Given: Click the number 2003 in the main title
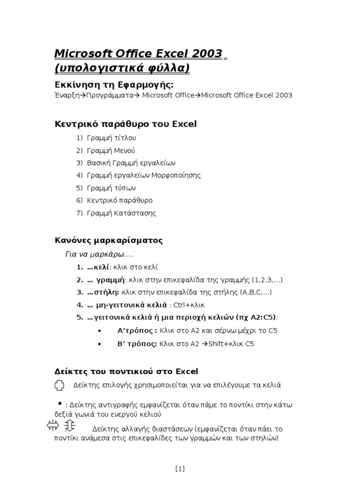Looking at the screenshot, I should (x=204, y=53).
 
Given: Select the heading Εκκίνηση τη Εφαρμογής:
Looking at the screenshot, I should (x=114, y=84).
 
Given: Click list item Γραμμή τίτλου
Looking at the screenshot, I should (x=112, y=138).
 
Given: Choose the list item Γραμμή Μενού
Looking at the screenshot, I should (x=111, y=150).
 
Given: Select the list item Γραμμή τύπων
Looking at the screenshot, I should (x=111, y=188).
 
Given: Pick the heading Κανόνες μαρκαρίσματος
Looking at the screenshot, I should (x=109, y=240).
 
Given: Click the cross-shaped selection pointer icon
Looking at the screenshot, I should (x=59, y=385).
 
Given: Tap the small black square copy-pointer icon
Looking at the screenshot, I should (x=60, y=403).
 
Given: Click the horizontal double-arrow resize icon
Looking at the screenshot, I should (x=52, y=425).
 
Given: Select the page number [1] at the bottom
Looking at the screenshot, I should (x=180, y=468).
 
